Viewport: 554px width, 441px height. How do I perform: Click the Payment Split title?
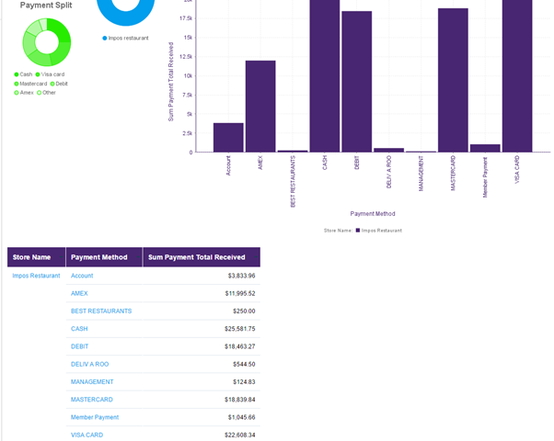click(x=46, y=6)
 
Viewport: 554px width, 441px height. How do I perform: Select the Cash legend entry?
click(x=23, y=74)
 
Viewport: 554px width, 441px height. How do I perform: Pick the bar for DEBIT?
click(x=357, y=82)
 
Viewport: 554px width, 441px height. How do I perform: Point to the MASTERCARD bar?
click(x=453, y=81)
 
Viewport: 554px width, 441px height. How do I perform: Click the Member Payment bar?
click(x=485, y=148)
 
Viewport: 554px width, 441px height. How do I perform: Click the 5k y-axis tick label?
click(x=187, y=115)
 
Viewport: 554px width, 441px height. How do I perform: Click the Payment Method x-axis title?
click(x=373, y=213)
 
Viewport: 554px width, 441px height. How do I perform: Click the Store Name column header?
click(x=37, y=257)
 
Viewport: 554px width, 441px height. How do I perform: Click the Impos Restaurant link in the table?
click(x=36, y=276)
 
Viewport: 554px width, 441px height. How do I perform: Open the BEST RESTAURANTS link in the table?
click(x=101, y=311)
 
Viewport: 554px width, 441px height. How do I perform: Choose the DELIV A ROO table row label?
click(x=89, y=364)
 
